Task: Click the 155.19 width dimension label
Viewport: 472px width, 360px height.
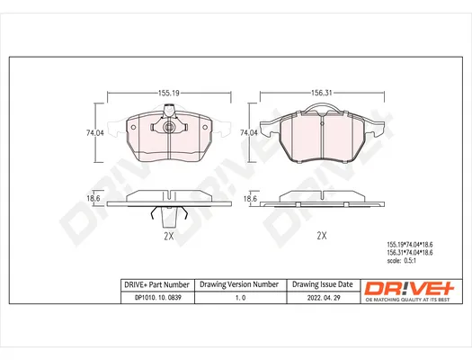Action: (169, 93)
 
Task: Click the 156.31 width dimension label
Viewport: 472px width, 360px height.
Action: (322, 93)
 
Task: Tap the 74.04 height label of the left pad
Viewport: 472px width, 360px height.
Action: (95, 133)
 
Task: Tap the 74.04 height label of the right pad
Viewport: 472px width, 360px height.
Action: (249, 132)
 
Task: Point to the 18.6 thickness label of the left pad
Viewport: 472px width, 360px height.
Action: (94, 198)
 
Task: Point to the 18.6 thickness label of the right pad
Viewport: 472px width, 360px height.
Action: (250, 199)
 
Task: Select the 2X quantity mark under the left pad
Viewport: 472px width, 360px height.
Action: (169, 236)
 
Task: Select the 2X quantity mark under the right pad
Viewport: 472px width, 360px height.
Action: (322, 235)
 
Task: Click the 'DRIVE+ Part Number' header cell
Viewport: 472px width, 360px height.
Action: (157, 284)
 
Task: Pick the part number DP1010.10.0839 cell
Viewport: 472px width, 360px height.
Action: (158, 298)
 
